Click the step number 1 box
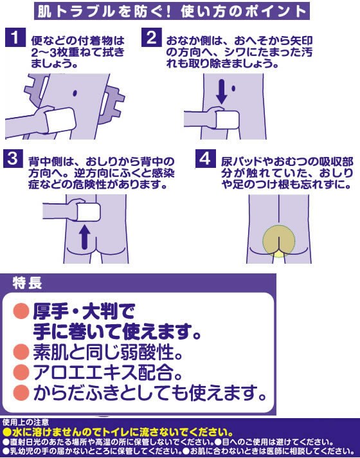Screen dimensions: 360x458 [x=15, y=37]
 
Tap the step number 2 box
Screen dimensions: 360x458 [x=152, y=37]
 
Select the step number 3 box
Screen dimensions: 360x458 [x=13, y=159]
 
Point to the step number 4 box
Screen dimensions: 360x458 [x=206, y=159]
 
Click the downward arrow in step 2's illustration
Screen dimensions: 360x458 [x=222, y=91]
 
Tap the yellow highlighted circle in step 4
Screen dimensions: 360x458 [x=279, y=241]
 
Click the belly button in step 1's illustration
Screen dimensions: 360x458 [x=75, y=93]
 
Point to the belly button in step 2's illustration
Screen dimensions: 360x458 [x=233, y=88]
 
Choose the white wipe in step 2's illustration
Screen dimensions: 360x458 [x=227, y=120]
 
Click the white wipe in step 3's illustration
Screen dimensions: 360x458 [x=88, y=212]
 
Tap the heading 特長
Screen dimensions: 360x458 [x=27, y=283]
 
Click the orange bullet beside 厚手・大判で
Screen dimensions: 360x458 [x=21, y=311]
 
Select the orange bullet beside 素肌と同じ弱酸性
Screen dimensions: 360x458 [x=21, y=351]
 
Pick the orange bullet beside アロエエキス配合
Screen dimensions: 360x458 [x=21, y=372]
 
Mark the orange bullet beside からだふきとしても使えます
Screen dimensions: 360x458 [x=21, y=392]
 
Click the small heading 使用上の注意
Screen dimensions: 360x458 [x=26, y=422]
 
